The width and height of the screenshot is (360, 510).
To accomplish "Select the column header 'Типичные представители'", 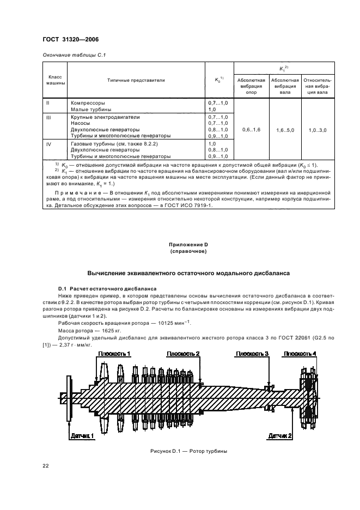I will click(136, 80).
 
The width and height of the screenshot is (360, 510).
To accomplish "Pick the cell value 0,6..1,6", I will click(251, 130).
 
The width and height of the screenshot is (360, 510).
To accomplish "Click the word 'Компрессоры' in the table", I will click(88, 102).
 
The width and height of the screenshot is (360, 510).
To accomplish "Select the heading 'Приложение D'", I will click(188, 246).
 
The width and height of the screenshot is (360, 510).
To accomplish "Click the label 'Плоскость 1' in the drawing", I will click(114, 354).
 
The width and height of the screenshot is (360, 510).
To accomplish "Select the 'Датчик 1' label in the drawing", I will click(82, 436).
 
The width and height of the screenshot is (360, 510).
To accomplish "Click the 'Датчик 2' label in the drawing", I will click(280, 436).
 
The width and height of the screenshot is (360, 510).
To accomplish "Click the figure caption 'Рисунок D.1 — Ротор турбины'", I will click(188, 452).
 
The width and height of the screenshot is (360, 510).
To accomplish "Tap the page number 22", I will click(46, 465).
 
